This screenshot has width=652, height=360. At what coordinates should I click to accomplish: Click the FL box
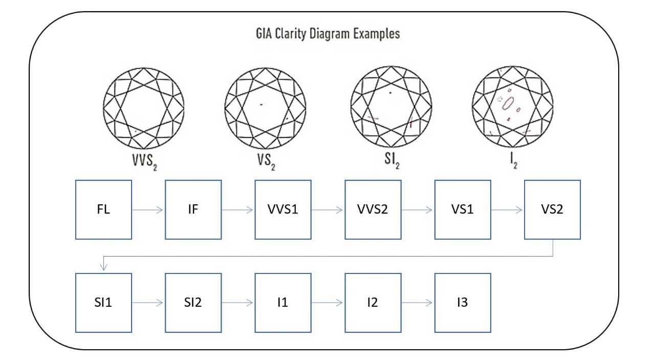pos(103,209)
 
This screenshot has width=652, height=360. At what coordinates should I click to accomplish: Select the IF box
pos(193,209)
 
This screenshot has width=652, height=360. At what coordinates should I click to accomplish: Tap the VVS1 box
pos(283,209)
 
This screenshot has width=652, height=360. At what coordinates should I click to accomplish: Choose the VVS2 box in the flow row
pos(373,209)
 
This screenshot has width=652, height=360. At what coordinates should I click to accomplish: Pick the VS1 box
pos(463,209)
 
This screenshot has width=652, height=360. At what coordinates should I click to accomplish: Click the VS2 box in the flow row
pos(553,209)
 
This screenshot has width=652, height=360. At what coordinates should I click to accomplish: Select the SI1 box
pos(103,302)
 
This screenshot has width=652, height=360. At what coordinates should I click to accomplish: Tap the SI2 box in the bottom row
pos(193,302)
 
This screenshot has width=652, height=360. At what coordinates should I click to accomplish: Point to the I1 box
pos(283,302)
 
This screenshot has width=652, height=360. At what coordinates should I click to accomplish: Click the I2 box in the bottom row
pos(373,302)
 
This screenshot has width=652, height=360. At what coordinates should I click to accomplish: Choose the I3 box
pos(463,302)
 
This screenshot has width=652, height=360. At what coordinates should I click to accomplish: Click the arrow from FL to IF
pos(148,209)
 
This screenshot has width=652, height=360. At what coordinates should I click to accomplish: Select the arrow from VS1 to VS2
pos(508,209)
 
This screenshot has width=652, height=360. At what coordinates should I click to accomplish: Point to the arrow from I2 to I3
pos(418,302)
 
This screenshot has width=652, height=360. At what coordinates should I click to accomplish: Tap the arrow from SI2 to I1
pos(238,302)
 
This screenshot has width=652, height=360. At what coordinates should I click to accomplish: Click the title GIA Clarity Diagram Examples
pos(328,34)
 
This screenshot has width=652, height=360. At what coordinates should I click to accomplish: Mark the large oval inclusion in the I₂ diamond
pos(508,103)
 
